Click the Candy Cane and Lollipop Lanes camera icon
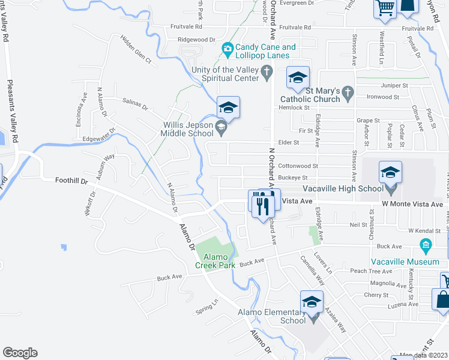(x=228, y=49)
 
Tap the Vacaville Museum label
(x=413, y=262)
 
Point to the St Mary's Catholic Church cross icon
(x=346, y=92)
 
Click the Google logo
(x=19, y=353)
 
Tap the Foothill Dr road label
(x=71, y=180)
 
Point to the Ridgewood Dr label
(x=196, y=40)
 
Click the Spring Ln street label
(x=206, y=308)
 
